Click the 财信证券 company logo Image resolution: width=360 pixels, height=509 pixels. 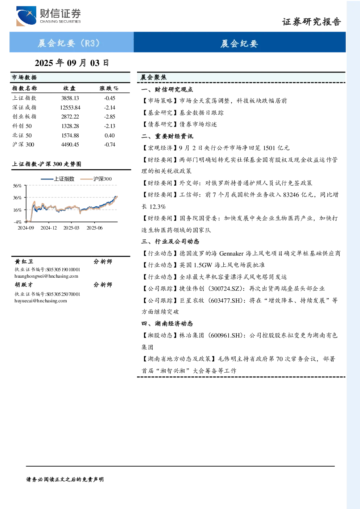click(x=49, y=16)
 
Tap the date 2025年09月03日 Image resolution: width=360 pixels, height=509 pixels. click(x=72, y=63)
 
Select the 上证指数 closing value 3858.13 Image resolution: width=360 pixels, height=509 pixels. click(x=70, y=98)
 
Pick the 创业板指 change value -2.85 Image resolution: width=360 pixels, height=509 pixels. click(x=109, y=117)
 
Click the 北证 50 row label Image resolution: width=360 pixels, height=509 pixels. click(x=22, y=136)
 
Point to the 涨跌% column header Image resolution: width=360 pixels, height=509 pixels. click(x=109, y=88)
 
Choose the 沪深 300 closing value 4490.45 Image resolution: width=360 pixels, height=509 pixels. click(x=70, y=145)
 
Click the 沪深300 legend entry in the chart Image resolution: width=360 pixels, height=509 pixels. click(x=96, y=179)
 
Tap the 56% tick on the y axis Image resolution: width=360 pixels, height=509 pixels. click(x=17, y=186)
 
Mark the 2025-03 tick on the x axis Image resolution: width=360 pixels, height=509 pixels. click(x=71, y=228)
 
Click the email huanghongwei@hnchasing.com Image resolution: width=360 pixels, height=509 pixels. click(x=46, y=276)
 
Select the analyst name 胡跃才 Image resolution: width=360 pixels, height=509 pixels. click(x=24, y=285)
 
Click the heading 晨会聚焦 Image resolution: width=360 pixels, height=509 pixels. click(x=153, y=77)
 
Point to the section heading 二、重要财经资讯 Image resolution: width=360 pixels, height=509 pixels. click(x=167, y=136)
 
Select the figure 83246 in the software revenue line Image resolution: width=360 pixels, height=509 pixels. click(x=291, y=195)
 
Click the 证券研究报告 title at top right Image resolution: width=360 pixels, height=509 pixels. click(x=311, y=22)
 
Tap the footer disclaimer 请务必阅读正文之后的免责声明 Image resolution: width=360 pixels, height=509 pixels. click(x=65, y=480)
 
